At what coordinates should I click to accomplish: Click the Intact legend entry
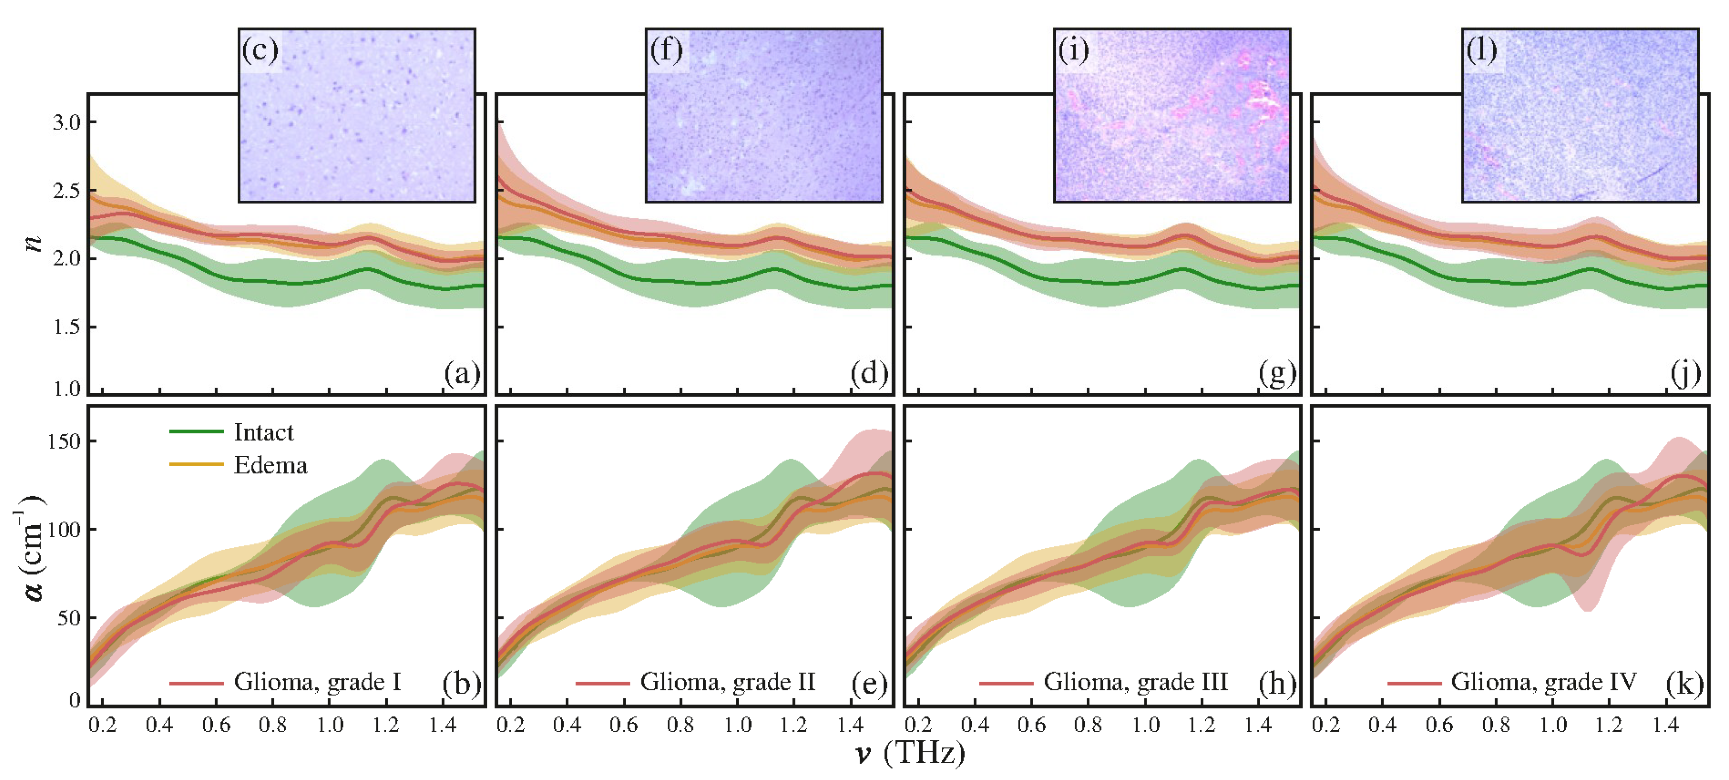(263, 432)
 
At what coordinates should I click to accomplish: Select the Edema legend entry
(270, 465)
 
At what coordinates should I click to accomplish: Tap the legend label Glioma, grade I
(317, 682)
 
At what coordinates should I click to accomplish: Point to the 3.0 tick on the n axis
(66, 122)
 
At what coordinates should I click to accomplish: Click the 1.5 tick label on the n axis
(66, 327)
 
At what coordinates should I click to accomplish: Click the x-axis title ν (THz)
(910, 753)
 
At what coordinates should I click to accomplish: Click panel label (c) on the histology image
(260, 50)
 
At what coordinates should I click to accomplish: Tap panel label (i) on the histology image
(1073, 50)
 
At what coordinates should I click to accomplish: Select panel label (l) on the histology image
(1481, 50)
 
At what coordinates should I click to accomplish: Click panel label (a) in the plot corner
(462, 373)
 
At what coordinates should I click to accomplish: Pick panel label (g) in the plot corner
(1277, 373)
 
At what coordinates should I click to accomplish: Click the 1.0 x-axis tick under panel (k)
(1553, 725)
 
